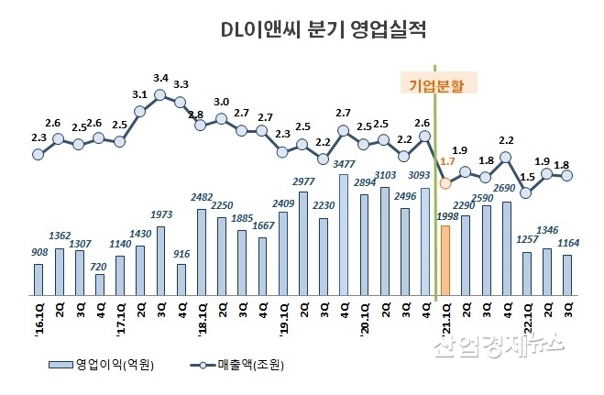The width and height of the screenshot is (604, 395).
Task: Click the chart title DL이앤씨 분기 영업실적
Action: tap(324, 31)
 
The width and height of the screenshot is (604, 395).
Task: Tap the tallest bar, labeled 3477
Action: tap(344, 235)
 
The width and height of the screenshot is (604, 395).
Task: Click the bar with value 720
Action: tap(99, 284)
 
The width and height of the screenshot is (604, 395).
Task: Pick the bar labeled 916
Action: tap(181, 280)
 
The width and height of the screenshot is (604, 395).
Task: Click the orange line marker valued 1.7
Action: tap(445, 182)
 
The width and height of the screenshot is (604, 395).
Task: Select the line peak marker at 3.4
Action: tap(160, 93)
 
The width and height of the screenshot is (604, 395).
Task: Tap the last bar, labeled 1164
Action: tap(567, 275)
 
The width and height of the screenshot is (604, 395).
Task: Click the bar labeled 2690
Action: tap(507, 248)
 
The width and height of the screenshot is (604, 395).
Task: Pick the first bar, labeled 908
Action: tap(38, 280)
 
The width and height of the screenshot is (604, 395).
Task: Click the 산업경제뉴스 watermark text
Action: tap(499, 345)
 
